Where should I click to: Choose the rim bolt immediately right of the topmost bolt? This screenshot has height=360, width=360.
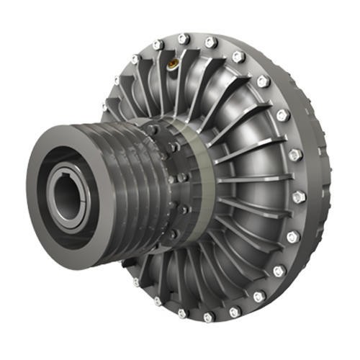(210, 42)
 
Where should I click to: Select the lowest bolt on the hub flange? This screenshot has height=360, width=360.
(177, 241)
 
